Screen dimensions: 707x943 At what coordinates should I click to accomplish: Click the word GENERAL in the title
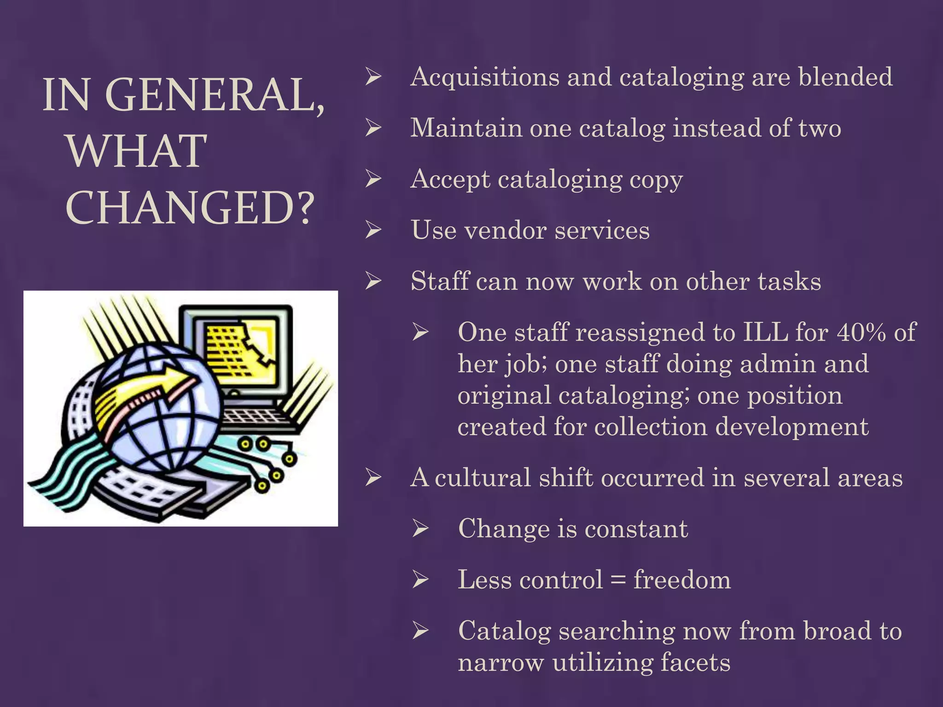[x=215, y=95]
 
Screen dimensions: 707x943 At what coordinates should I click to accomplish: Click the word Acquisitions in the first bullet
[x=485, y=77]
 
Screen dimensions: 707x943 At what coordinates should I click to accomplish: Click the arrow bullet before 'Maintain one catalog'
[x=373, y=127]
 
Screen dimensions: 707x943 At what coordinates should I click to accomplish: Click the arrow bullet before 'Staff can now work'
[x=373, y=281]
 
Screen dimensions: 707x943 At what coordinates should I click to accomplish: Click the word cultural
[x=483, y=477]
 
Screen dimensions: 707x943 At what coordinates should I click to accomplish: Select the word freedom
[x=682, y=579]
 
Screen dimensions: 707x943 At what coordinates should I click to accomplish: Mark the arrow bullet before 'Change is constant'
[x=420, y=528]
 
